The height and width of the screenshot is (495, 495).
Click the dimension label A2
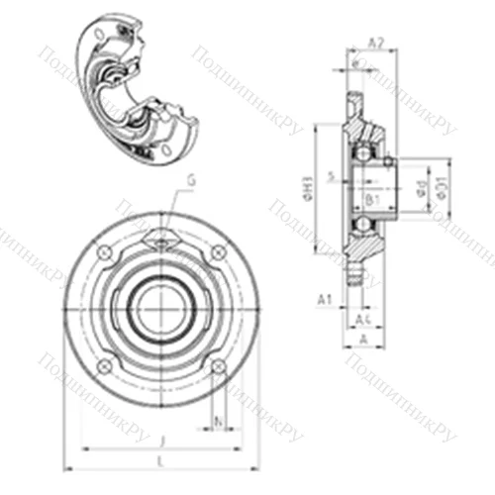point(375,43)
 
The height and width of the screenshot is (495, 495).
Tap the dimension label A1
point(324,298)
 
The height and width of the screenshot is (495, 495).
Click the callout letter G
point(191,179)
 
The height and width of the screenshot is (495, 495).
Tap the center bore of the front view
point(161,308)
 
